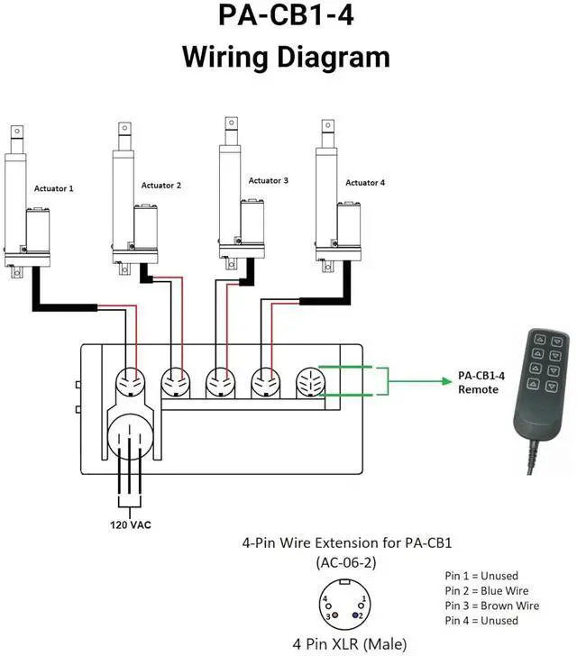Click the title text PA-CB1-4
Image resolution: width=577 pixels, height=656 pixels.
(x=287, y=19)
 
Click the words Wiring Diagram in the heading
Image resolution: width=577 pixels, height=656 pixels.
(x=287, y=57)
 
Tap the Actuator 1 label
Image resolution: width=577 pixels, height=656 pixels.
(x=54, y=189)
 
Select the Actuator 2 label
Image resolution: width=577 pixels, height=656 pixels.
(x=161, y=186)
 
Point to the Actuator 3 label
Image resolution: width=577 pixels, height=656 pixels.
(x=269, y=181)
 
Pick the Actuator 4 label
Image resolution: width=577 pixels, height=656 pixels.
(x=365, y=183)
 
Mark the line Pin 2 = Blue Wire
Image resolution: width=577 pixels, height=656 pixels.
(x=490, y=590)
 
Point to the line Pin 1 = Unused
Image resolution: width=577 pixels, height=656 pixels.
(x=481, y=575)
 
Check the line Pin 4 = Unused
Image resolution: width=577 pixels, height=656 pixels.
(x=481, y=621)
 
